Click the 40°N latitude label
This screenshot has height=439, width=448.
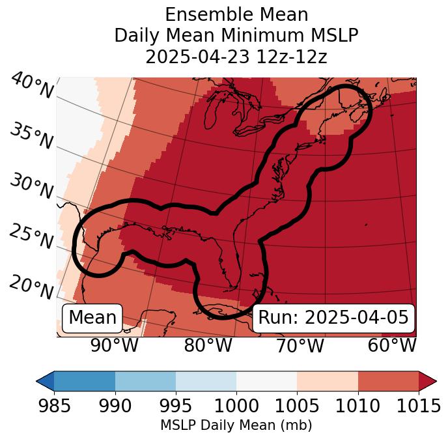[x=32, y=86]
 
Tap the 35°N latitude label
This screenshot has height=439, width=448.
[x=31, y=135]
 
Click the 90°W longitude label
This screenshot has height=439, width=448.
[x=115, y=345]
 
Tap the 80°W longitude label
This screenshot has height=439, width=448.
[x=208, y=345]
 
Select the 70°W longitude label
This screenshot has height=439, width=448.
[x=300, y=345]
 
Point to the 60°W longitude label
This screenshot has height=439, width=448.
[x=391, y=345]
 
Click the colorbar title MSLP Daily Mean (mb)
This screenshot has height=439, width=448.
[x=236, y=426]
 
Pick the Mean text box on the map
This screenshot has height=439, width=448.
[x=92, y=318]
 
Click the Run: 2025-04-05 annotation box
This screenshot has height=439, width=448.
[x=333, y=318]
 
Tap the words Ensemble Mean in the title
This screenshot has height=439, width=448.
[x=236, y=14]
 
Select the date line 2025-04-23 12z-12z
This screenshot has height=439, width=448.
[x=236, y=57]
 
